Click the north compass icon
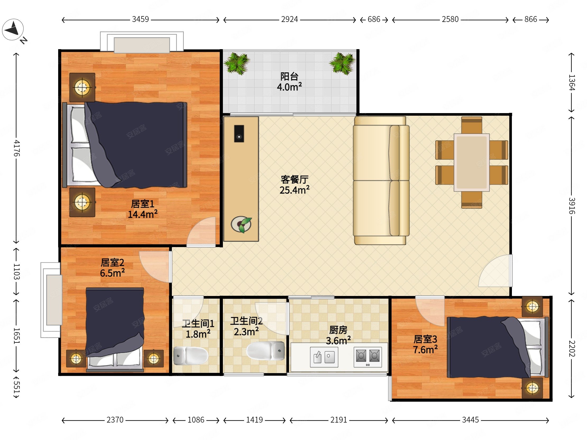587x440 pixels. (x=13, y=29)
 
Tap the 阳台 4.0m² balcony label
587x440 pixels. (x=289, y=82)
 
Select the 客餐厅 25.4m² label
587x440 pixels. (x=295, y=185)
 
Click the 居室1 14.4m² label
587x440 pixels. (x=143, y=209)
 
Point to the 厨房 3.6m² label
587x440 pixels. (x=338, y=335)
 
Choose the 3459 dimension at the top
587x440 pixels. (x=140, y=19)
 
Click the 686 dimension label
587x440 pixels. (x=374, y=19)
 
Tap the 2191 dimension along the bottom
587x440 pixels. (x=339, y=420)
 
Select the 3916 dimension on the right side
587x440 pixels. (x=572, y=206)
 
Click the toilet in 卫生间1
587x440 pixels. (x=191, y=355)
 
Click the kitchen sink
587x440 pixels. (x=324, y=357)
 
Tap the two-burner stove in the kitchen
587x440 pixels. (x=368, y=357)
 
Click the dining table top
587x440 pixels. (x=471, y=162)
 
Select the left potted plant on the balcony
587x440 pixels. (x=237, y=63)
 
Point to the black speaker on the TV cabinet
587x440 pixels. (x=239, y=133)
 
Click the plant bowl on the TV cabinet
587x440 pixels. (x=241, y=224)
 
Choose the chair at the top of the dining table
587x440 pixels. (x=471, y=125)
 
